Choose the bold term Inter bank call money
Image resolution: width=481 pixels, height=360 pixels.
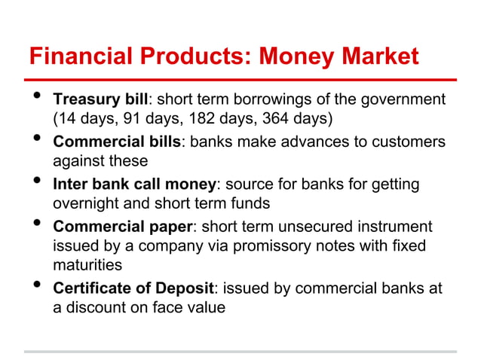point(134,185)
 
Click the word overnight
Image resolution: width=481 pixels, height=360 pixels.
point(84,203)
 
